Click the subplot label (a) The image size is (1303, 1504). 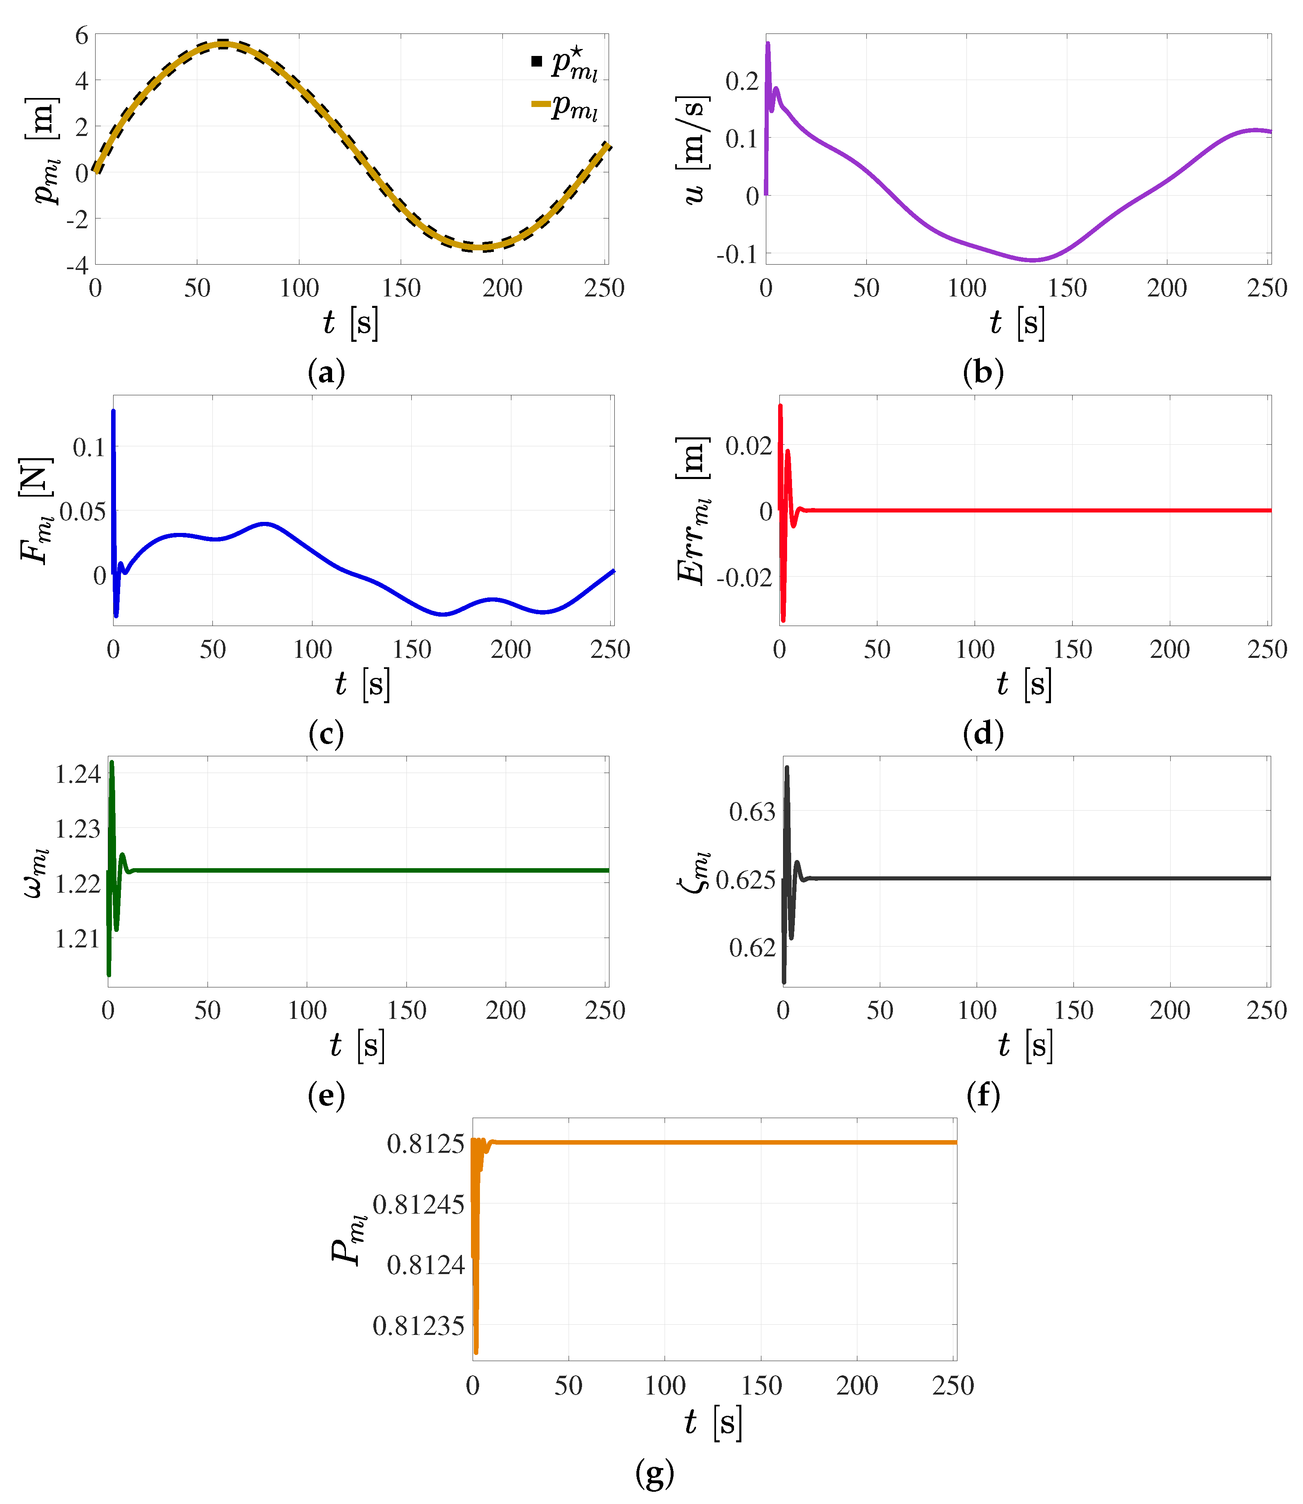tap(326, 373)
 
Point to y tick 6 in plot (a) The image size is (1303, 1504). tap(81, 35)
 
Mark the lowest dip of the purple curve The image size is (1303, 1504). tap(1033, 259)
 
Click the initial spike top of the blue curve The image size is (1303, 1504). tap(114, 412)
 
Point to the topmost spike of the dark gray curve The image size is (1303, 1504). tap(787, 768)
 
